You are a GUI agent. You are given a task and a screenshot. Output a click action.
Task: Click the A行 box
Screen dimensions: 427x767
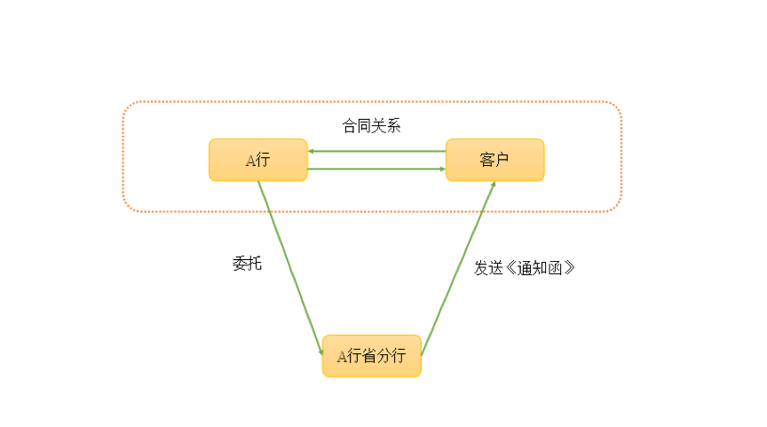click(258, 160)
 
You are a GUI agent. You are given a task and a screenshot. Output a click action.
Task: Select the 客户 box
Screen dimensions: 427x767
click(494, 160)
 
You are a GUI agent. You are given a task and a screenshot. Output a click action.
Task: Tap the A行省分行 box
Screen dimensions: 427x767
click(371, 356)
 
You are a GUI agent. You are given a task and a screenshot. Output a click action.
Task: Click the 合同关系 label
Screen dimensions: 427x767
click(372, 125)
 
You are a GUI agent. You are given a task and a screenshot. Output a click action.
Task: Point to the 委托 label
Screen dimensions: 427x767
click(247, 264)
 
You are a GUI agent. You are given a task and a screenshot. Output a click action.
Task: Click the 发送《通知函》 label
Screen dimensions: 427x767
click(525, 267)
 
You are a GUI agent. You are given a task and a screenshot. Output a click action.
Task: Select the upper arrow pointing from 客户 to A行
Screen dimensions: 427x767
click(376, 151)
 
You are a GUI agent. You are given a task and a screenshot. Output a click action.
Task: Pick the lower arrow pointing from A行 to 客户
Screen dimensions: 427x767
click(376, 169)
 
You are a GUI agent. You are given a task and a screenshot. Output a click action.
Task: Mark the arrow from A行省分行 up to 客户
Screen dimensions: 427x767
click(458, 266)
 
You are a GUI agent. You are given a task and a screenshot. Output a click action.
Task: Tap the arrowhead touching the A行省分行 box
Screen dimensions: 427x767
click(320, 352)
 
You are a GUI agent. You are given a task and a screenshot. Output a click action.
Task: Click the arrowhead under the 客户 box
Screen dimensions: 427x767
click(493, 185)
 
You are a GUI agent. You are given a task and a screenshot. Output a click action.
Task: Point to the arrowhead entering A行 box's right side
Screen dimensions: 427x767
click(312, 151)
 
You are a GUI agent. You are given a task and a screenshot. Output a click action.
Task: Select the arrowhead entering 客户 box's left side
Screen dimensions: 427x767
click(441, 169)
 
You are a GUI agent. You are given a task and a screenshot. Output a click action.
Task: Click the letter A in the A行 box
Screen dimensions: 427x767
click(250, 161)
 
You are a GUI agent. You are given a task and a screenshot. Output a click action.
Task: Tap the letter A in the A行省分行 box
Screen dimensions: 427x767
click(342, 357)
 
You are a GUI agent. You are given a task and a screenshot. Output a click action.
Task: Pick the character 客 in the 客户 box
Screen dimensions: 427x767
click(486, 160)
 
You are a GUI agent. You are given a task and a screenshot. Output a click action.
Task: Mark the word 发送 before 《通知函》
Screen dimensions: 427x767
click(488, 267)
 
